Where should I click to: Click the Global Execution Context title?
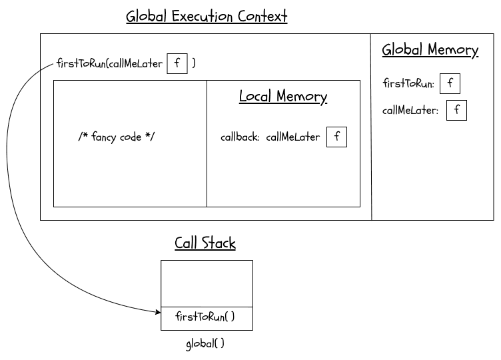pyautogui.click(x=207, y=16)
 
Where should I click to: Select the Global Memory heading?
pyautogui.click(x=430, y=50)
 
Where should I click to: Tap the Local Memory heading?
pyautogui.click(x=283, y=97)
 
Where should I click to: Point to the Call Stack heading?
pyautogui.click(x=205, y=243)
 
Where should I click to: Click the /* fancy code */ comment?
pyautogui.click(x=117, y=137)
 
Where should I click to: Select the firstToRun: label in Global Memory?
pyautogui.click(x=408, y=84)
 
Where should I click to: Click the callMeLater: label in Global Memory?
pyautogui.click(x=410, y=111)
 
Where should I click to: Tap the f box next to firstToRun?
pyautogui.click(x=450, y=83)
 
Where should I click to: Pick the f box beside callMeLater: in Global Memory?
pyautogui.click(x=456, y=110)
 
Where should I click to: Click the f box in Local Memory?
pyautogui.click(x=336, y=137)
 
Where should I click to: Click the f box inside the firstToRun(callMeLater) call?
pyautogui.click(x=177, y=63)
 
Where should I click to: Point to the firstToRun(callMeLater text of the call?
pyautogui.click(x=109, y=64)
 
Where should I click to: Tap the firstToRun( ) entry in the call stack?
pyautogui.click(x=205, y=317)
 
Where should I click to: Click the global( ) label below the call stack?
pyautogui.click(x=205, y=344)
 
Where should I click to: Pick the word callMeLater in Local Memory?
pyautogui.click(x=292, y=138)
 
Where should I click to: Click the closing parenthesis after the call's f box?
pyautogui.click(x=194, y=64)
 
